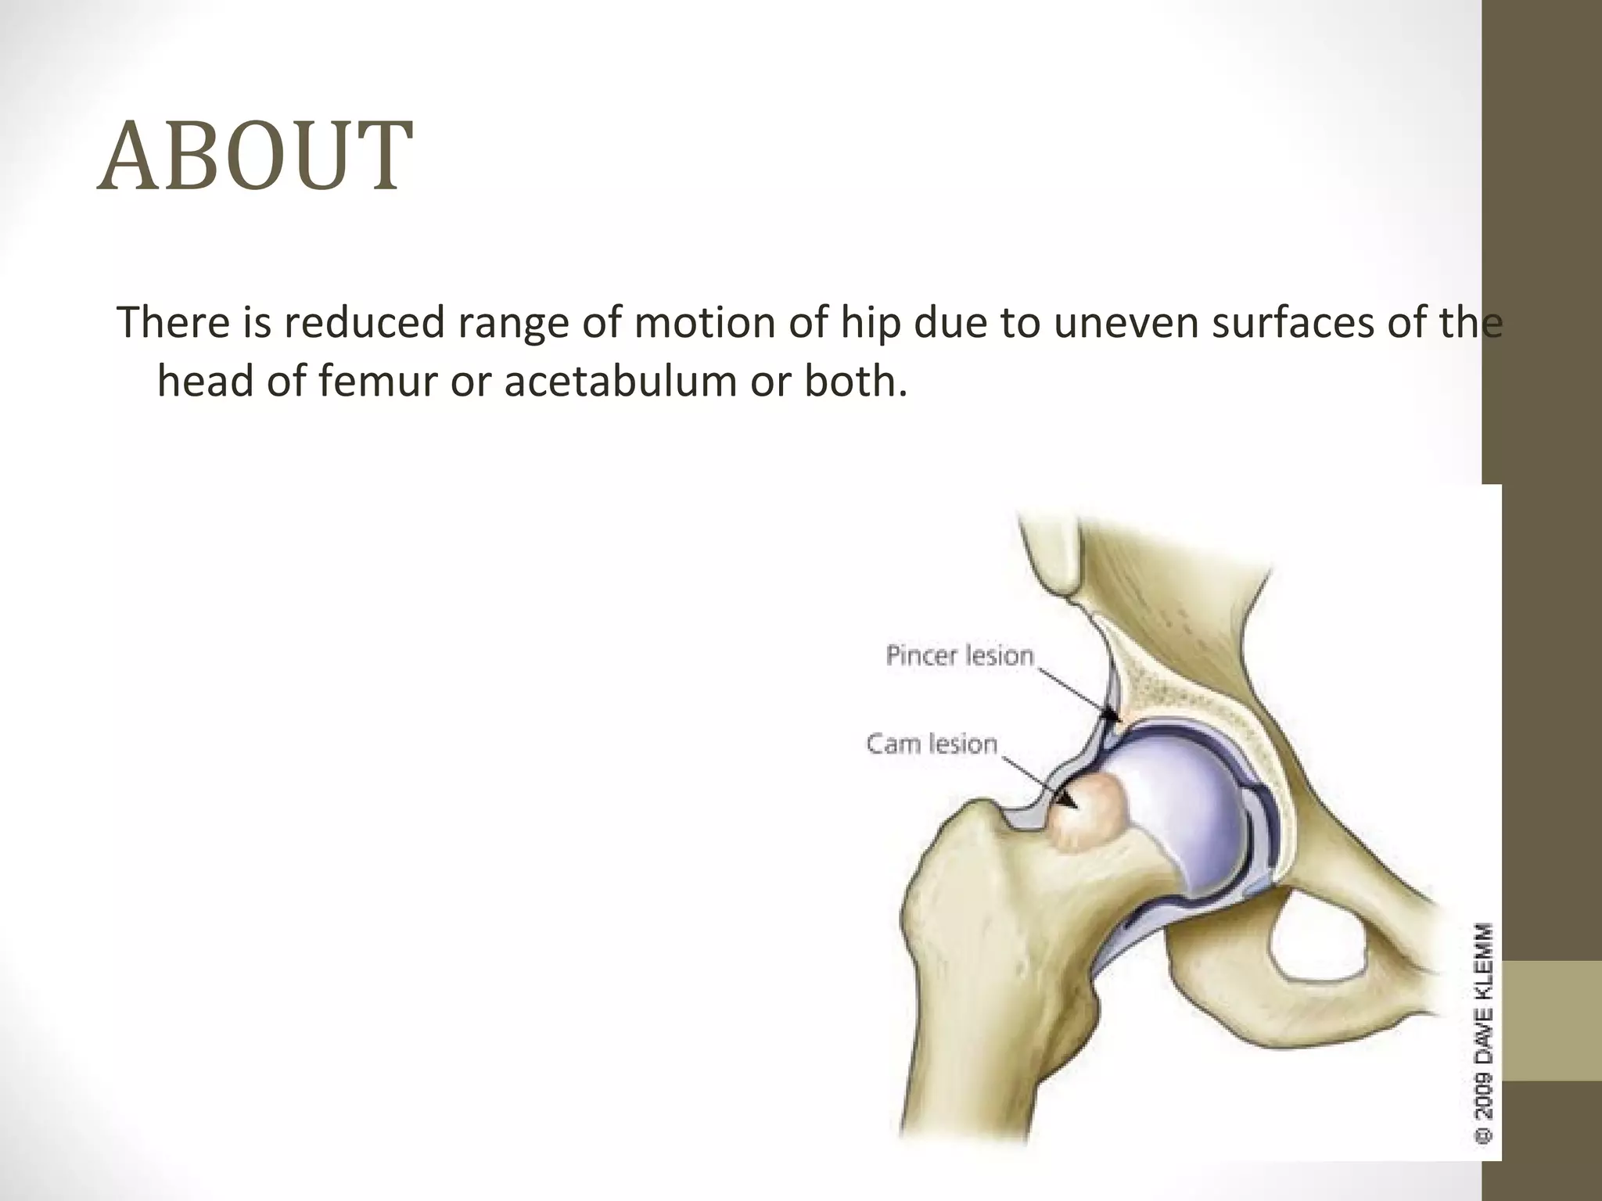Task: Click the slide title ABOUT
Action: (254, 156)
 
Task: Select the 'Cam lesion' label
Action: (932, 743)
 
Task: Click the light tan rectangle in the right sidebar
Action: (1552, 1020)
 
